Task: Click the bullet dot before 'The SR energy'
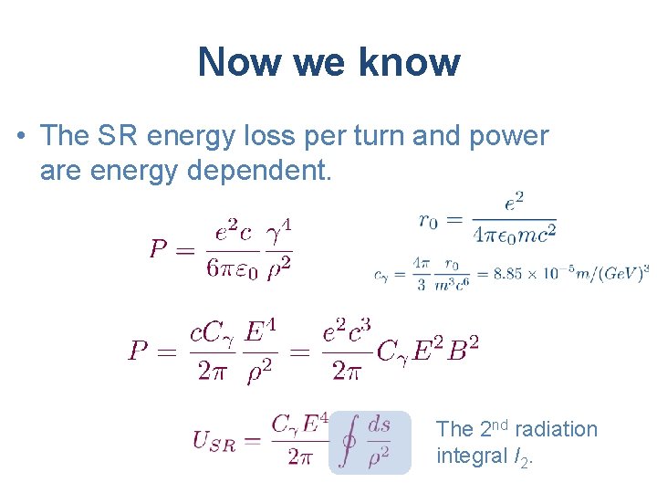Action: tap(19, 137)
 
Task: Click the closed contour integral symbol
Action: tap(348, 442)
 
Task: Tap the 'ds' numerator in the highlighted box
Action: tap(378, 425)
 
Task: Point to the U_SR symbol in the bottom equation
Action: tap(214, 442)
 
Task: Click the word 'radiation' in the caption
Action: tap(554, 429)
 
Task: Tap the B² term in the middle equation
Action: tap(464, 350)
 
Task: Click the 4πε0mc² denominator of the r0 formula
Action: tap(514, 235)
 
